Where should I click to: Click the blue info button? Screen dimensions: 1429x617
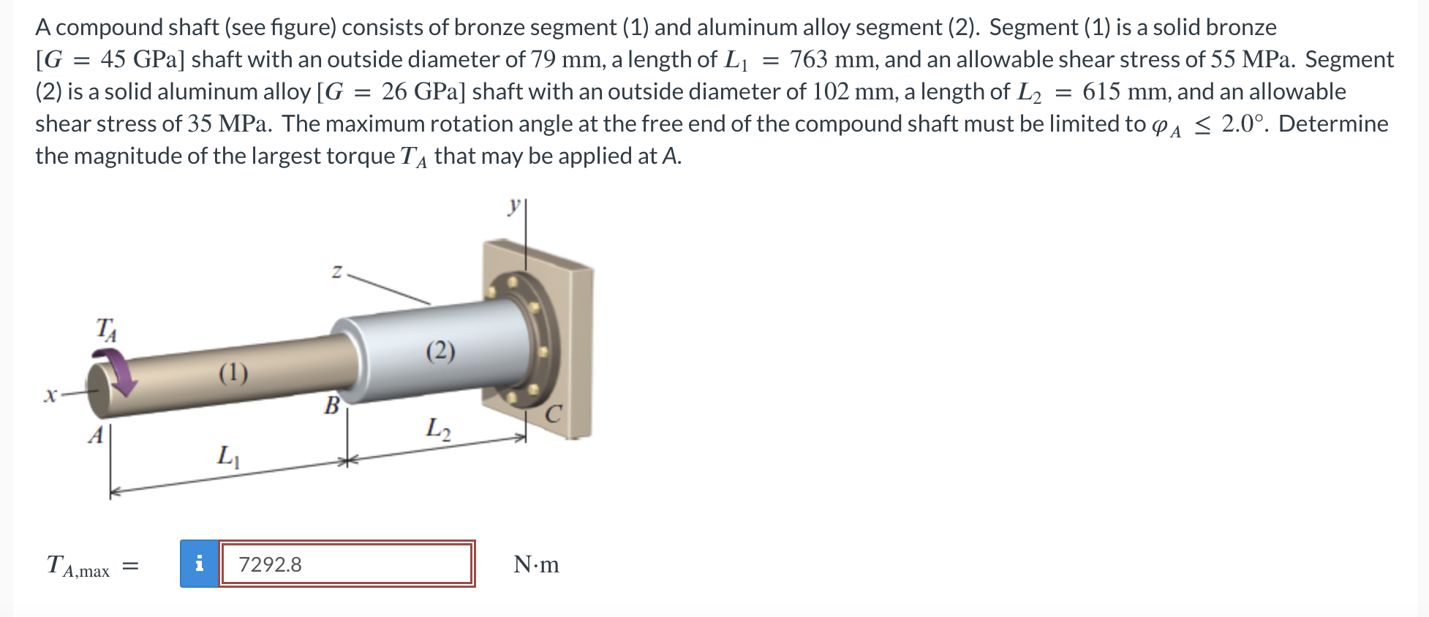199,564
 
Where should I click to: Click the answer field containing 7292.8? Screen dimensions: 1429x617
347,564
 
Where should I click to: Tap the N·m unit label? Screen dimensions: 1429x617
536,564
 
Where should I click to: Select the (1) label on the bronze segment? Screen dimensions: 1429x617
233,374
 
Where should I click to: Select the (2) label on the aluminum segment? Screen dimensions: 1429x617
440,352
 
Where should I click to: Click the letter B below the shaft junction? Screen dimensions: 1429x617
332,405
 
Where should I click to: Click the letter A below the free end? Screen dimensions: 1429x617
95,436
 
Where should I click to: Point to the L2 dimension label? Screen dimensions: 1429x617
439,426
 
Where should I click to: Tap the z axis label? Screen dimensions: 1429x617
336,273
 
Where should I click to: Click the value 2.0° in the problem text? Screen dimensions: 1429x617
1243,124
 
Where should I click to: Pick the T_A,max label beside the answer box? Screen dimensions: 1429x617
78,566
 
